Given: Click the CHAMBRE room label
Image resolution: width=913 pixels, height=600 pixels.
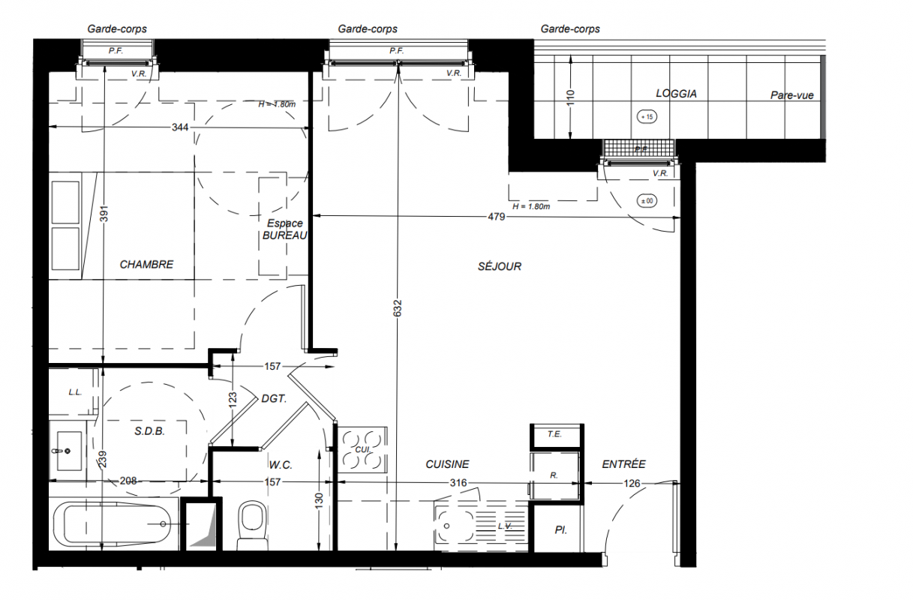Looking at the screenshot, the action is tap(146, 265).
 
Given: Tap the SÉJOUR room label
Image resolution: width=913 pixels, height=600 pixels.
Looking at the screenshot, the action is tap(500, 266).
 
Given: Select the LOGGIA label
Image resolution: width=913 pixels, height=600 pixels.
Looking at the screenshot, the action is tap(676, 93).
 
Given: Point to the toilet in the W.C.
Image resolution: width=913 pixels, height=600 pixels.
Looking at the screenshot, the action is tap(252, 526).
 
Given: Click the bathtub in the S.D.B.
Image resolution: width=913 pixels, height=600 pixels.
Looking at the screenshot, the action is tap(112, 523).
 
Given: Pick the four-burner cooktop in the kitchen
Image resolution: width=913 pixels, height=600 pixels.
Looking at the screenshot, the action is tap(362, 450).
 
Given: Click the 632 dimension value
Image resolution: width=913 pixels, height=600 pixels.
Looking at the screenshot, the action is tap(398, 308).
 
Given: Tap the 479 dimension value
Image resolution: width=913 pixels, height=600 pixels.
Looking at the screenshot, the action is tap(497, 217).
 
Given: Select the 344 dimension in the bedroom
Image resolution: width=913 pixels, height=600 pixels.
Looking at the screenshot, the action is tap(180, 127).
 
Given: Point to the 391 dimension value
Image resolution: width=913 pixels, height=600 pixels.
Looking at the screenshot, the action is tap(104, 214).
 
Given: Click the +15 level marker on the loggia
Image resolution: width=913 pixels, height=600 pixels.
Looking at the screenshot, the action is tap(647, 117).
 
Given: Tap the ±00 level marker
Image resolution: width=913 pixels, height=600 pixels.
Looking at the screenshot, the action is tap(647, 201).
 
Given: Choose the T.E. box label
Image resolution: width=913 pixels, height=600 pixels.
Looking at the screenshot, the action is tap(554, 434).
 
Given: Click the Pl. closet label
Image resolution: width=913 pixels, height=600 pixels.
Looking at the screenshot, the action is tap(561, 530).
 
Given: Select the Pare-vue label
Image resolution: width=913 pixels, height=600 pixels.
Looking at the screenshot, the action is tap(791, 95).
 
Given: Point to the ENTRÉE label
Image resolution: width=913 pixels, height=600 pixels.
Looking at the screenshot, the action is tap(623, 463).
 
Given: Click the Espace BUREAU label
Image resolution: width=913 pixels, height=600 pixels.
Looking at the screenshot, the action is tap(285, 229).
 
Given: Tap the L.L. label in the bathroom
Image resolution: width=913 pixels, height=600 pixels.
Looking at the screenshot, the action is tap(75, 392).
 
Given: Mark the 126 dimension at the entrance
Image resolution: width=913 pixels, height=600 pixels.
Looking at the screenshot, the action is tap(632, 484).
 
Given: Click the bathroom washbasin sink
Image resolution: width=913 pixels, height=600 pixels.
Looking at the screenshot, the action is tap(67, 451).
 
